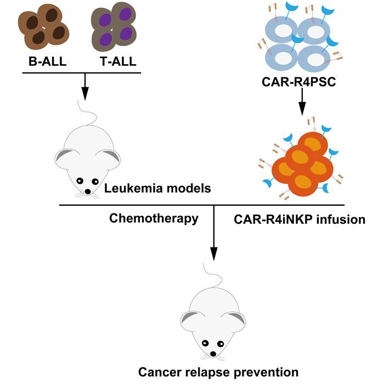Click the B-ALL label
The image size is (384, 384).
tap(48, 61)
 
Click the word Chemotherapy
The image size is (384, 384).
tap(154, 218)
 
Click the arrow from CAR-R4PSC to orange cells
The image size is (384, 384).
tap(302, 103)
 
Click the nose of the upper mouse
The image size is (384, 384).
tap(88, 192)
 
